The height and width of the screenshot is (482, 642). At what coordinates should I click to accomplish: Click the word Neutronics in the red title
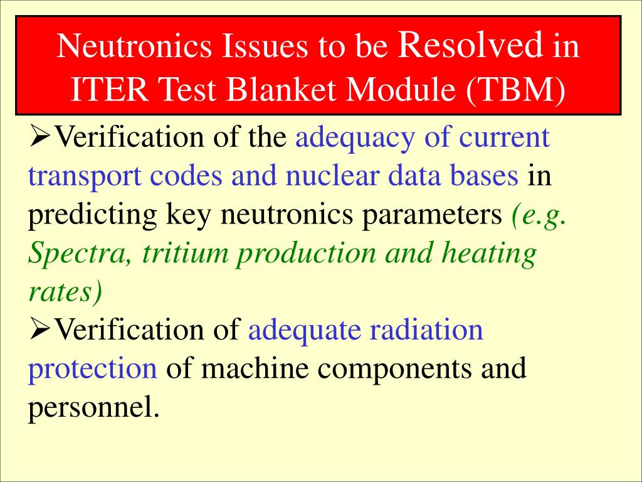pyautogui.click(x=134, y=45)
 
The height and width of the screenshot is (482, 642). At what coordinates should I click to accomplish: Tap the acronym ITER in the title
pyautogui.click(x=109, y=89)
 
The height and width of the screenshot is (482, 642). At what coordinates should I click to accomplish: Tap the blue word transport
pyautogui.click(x=85, y=177)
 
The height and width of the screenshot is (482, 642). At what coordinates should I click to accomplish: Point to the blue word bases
pyautogui.click(x=483, y=176)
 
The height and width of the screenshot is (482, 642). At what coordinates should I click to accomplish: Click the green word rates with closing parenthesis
pyautogui.click(x=65, y=292)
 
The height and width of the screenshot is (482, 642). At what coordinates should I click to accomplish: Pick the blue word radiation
pyautogui.click(x=426, y=330)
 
